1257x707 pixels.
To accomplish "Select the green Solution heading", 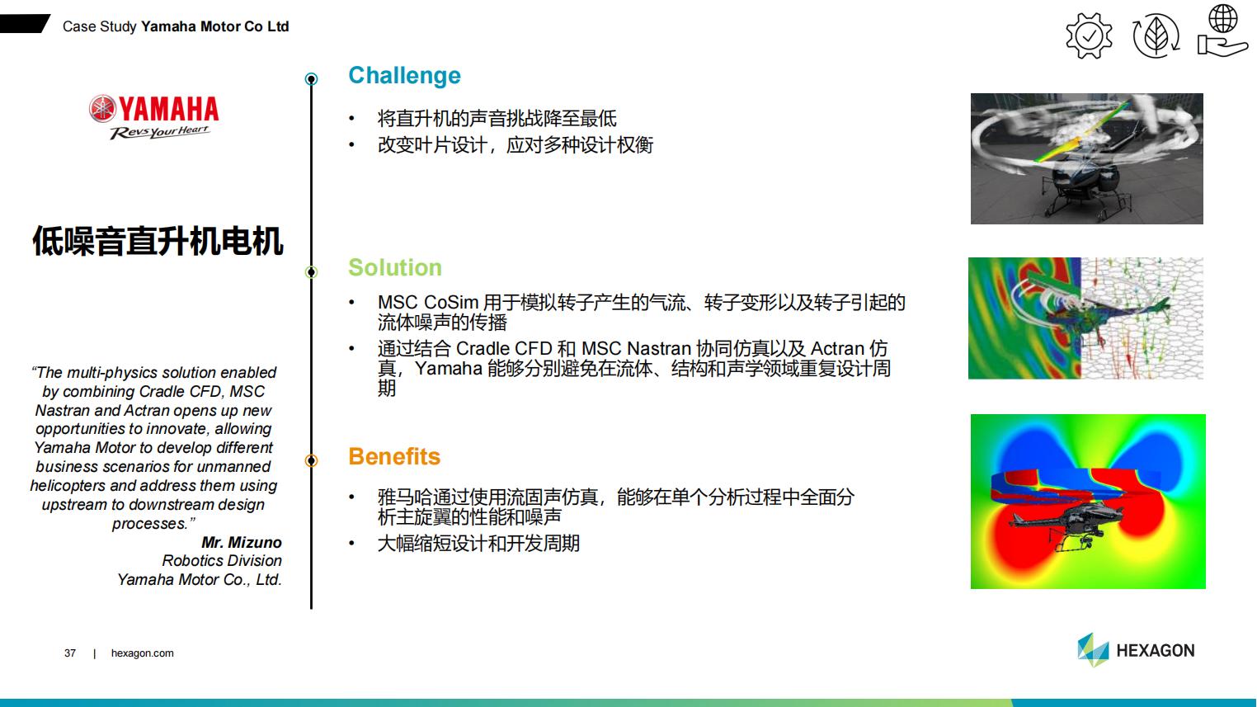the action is tap(395, 267).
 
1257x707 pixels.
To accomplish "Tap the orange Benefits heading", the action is tap(394, 457).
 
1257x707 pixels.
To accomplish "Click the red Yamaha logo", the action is tap(153, 109).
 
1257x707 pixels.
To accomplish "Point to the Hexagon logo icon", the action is tap(1093, 650).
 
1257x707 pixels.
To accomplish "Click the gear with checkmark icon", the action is tap(1089, 36).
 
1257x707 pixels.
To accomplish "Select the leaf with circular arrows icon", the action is tap(1156, 36).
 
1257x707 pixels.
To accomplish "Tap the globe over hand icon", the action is tap(1222, 31).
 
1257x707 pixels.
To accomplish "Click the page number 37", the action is tap(70, 653).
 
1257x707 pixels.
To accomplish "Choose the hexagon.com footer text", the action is tap(142, 653).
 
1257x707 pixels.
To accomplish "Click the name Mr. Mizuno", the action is tap(242, 543).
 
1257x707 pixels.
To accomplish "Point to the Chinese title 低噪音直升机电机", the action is tap(158, 241).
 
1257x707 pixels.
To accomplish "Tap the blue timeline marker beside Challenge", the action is tap(312, 79).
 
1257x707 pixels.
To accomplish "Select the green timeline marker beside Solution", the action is tap(312, 272).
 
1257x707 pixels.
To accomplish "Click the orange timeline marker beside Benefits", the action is tap(312, 460).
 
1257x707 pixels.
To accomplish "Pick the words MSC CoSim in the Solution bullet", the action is tap(427, 303).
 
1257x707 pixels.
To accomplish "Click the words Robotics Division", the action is tap(222, 560).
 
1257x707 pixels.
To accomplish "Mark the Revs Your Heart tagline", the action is tap(159, 133).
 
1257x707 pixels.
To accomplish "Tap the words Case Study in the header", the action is tap(99, 26).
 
